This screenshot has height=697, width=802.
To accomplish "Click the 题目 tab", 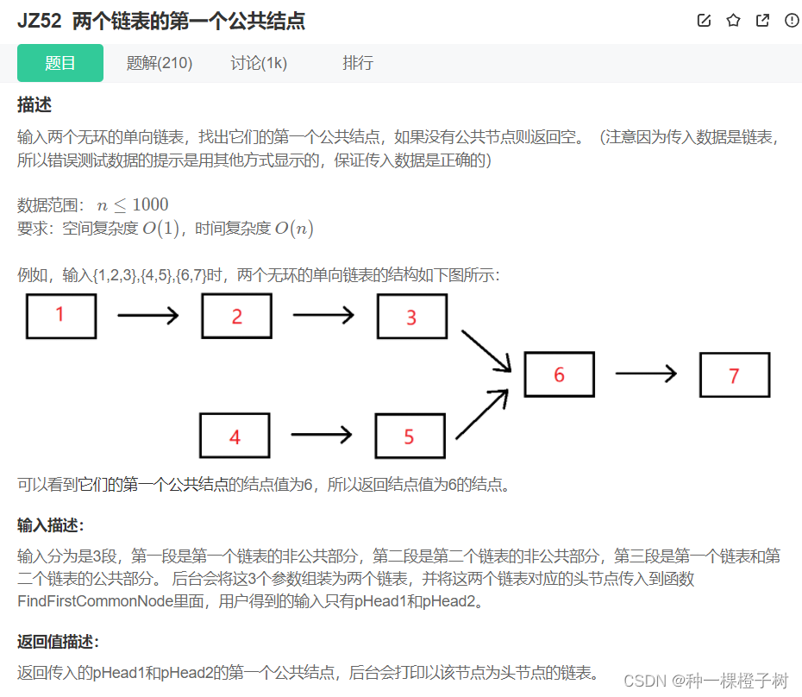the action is coord(60,63).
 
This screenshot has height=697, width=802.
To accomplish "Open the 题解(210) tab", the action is coord(160,63).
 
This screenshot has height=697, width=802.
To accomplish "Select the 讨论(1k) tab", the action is coord(259,63).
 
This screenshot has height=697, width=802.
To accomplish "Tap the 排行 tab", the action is coord(358,63).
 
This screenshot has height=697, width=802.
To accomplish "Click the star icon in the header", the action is coord(733,21).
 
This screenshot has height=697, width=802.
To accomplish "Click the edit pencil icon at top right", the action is coord(704,21).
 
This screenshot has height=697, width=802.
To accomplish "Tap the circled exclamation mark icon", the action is coord(792,21).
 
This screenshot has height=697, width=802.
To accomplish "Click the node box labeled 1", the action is coord(60,316).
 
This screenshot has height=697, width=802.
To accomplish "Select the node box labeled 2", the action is coord(236,316).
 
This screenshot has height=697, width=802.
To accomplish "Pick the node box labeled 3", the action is coord(411,317).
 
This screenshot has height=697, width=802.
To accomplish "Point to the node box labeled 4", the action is coord(235,436).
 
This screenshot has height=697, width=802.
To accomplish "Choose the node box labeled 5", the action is coord(410,436).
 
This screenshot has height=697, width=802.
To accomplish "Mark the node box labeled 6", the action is coord(559,374).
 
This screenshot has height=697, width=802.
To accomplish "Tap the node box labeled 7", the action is coord(734,375).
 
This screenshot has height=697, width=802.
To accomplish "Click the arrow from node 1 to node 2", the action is coord(147,316).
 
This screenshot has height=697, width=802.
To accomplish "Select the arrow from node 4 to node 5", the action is coord(323,435).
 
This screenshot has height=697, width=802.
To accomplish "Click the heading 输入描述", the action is coord(51,525).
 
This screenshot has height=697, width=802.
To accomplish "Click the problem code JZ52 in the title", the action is coord(39,22).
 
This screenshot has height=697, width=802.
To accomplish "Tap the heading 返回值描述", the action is coord(58,641).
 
